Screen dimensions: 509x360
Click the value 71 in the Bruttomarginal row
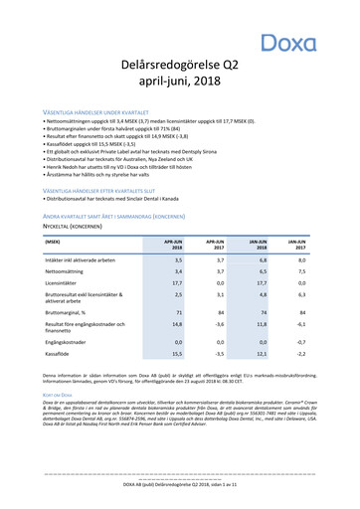(176, 338)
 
